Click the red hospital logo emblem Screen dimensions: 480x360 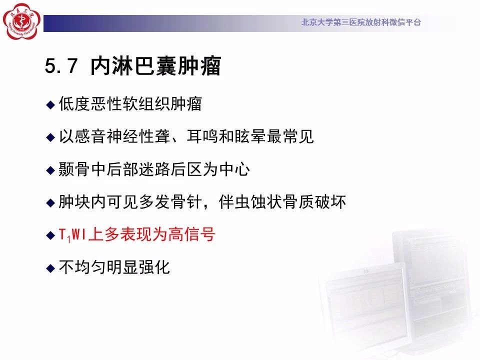pos(21,21)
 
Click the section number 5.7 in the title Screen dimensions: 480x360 pos(61,65)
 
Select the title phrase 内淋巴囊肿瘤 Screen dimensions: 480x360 pos(155,65)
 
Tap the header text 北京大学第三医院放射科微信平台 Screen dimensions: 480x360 pos(361,22)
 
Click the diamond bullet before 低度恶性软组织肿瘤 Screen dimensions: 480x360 pos(50,104)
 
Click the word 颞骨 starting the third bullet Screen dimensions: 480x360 pos(74,169)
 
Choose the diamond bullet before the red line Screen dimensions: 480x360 pos(50,235)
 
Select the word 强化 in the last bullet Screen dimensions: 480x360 pos(154,267)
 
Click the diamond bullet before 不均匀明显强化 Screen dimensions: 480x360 pos(50,268)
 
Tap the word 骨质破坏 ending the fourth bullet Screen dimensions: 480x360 pos(314,202)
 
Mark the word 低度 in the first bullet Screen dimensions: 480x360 pos(74,103)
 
